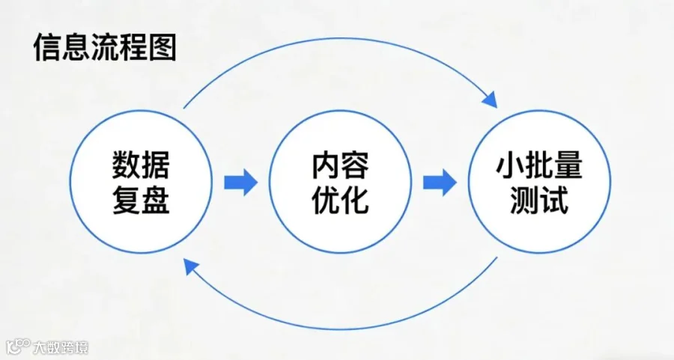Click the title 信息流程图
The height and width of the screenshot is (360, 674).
point(105,49)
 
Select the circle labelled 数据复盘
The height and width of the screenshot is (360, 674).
point(142,182)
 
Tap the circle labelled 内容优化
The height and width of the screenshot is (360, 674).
point(340,182)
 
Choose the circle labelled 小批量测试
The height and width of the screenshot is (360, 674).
point(538,182)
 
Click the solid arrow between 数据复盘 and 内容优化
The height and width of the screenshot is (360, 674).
point(240,182)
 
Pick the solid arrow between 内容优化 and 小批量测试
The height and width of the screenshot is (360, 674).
point(440,182)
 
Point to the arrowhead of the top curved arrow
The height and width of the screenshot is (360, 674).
point(491,99)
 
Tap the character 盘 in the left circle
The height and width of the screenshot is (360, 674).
point(156,200)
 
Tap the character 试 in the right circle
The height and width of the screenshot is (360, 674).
point(553,200)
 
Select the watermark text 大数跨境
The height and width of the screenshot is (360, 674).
point(60,348)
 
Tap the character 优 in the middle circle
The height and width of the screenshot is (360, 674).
point(326,200)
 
